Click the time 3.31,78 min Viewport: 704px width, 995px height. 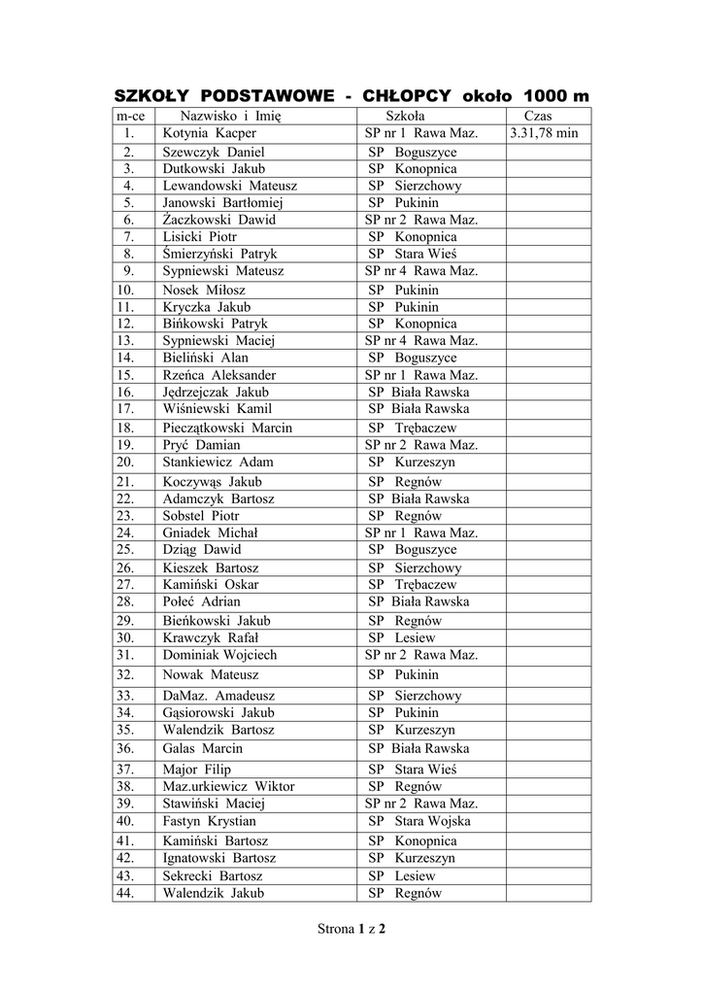click(x=544, y=133)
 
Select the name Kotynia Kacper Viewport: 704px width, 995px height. click(x=210, y=133)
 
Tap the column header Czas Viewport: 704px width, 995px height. click(x=537, y=116)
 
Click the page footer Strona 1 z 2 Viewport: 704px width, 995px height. click(x=352, y=929)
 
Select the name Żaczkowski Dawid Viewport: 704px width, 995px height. click(x=219, y=220)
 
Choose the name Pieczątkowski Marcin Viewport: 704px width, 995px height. click(x=228, y=428)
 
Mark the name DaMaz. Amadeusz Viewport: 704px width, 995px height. click(x=216, y=696)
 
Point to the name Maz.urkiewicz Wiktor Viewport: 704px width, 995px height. click(x=229, y=786)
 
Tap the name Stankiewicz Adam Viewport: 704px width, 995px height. click(x=218, y=462)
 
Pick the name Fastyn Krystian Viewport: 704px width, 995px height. click(x=210, y=821)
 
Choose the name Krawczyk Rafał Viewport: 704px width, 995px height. click(x=211, y=638)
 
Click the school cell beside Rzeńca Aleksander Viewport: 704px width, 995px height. click(x=420, y=374)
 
